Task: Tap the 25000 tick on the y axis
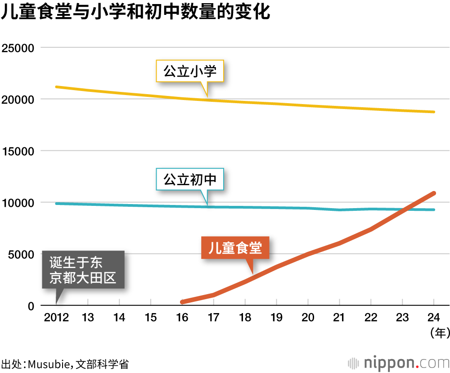(18, 48)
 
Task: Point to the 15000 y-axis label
(18, 151)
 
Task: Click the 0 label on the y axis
(31, 306)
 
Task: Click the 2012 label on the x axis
(56, 318)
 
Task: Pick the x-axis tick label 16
(182, 318)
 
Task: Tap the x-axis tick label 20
(308, 318)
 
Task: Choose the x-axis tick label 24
(433, 318)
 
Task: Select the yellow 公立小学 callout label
(190, 71)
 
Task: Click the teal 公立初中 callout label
(190, 180)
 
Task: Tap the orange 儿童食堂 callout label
(235, 248)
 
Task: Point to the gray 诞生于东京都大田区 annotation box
(83, 270)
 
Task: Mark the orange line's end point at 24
(434, 193)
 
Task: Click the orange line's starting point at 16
(182, 302)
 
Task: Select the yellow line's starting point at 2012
(56, 86)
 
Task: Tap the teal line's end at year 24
(434, 209)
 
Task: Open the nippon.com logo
(399, 363)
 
